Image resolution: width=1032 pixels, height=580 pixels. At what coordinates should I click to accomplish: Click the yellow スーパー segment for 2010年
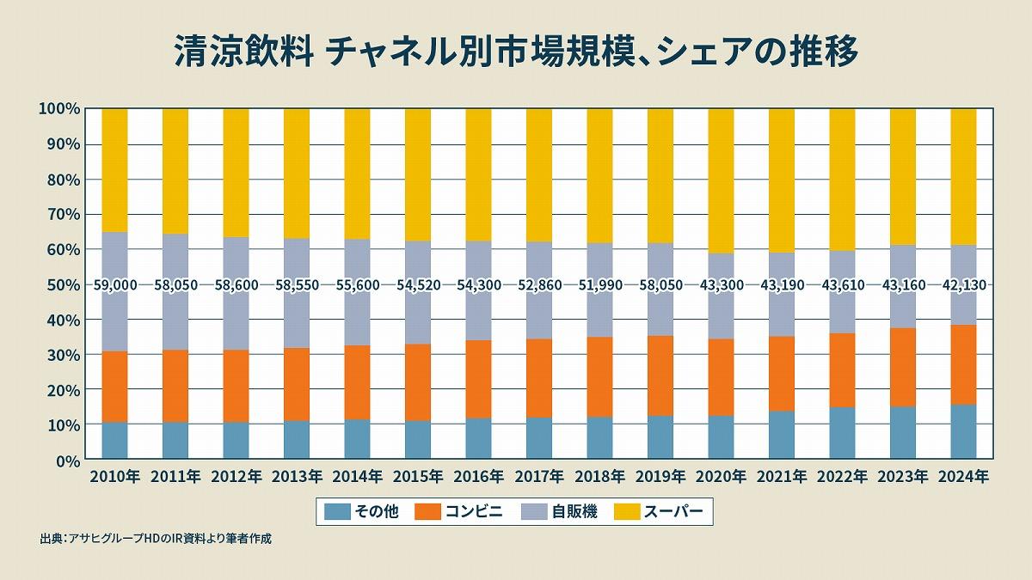click(114, 170)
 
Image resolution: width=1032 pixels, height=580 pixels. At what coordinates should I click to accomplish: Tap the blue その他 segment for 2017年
click(539, 438)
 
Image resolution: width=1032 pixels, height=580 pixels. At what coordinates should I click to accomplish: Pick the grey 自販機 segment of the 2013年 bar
click(297, 258)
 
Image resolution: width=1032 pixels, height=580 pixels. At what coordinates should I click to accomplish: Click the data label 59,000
click(114, 284)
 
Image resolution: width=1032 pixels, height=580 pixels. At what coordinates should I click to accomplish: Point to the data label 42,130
click(963, 284)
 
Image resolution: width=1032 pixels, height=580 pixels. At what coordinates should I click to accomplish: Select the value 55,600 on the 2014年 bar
click(357, 284)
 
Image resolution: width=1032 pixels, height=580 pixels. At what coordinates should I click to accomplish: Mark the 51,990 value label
click(599, 284)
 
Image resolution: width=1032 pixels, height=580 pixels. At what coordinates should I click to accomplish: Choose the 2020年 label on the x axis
click(721, 476)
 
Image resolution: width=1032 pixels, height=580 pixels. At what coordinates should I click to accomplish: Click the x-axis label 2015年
click(418, 476)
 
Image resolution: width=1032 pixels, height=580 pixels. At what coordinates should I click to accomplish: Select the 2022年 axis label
click(842, 476)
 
